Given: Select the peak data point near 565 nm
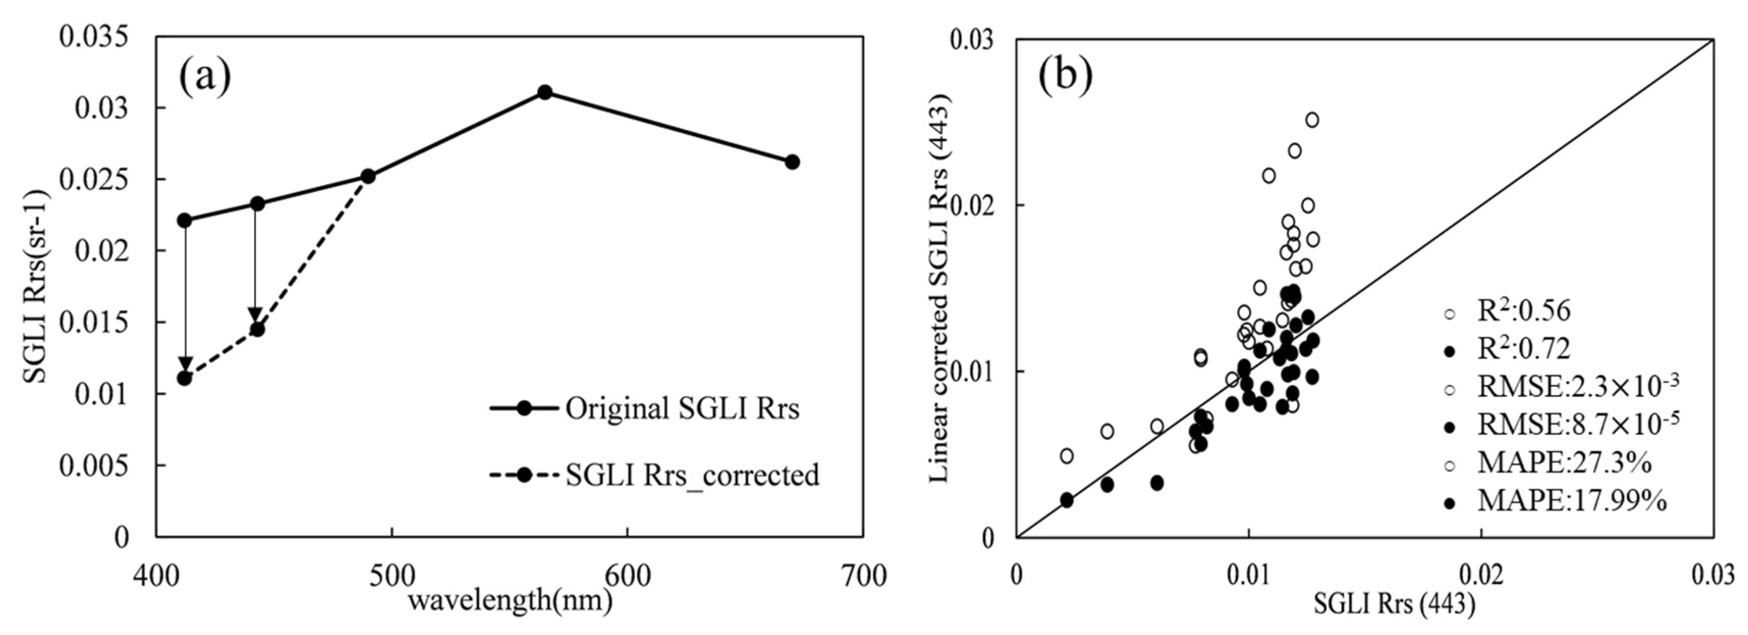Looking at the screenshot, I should point(544,92).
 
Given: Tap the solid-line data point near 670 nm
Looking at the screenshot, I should point(792,162).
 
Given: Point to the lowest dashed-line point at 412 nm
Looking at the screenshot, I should point(184,378).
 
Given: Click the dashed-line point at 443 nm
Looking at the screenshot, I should point(257,329).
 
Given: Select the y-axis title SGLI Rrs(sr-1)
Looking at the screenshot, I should point(34,285).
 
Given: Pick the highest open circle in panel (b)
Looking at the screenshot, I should point(1312,120).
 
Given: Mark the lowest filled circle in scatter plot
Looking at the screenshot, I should point(1067,500).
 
